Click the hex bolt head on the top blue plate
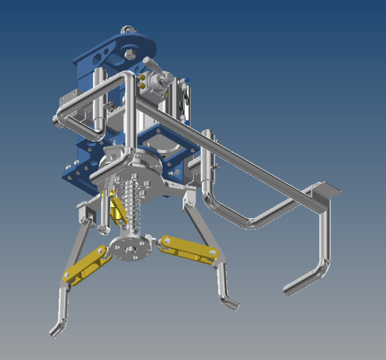131,53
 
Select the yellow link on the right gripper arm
189,249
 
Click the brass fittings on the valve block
143,79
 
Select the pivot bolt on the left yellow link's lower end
69,275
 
